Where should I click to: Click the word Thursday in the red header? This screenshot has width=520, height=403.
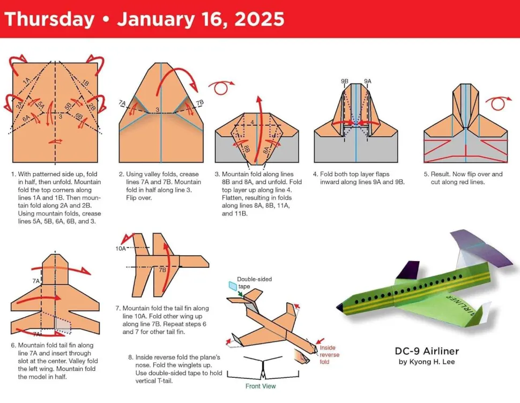pos(49,20)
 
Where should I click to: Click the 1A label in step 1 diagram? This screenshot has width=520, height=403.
pos(26,81)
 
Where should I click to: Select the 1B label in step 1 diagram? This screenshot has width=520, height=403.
pos(84,83)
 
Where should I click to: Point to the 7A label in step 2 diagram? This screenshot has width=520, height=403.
pos(122,102)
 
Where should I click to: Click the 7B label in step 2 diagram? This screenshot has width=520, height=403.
pos(200,102)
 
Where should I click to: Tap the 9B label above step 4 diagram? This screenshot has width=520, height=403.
pos(345,81)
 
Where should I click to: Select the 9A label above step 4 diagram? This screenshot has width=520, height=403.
pos(367,81)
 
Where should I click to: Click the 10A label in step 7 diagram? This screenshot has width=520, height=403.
pos(121,249)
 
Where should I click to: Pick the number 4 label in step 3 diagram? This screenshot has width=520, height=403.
pos(252,122)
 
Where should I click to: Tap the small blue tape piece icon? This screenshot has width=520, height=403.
pos(232,287)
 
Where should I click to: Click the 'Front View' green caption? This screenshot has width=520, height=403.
pos(261,386)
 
